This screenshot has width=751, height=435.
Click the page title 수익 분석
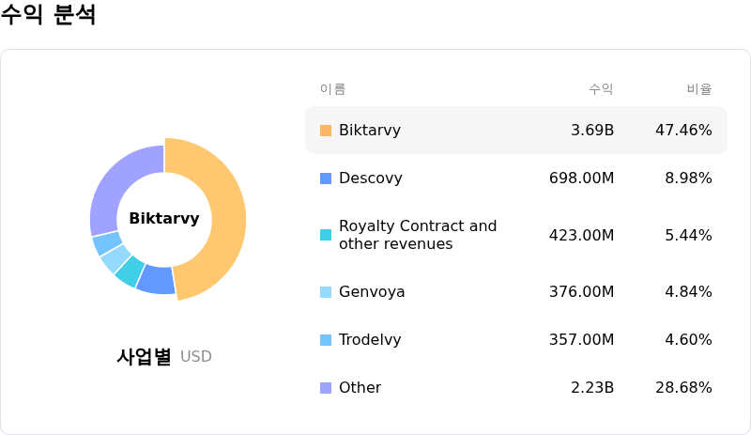(48, 16)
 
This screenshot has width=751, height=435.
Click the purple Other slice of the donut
(117, 183)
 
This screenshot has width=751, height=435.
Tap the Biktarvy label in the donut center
(164, 219)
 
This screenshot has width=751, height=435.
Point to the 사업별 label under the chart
(144, 357)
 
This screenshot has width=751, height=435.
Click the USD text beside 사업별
(196, 357)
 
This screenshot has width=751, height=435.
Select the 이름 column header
(332, 89)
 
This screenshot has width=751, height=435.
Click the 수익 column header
(601, 89)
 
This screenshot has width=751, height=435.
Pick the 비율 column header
(699, 89)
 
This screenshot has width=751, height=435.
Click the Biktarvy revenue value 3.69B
(592, 131)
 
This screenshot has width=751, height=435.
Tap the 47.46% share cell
(683, 131)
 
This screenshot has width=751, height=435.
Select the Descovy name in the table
(371, 179)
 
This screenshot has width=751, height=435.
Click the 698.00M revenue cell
(581, 179)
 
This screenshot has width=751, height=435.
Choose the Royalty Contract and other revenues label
(418, 235)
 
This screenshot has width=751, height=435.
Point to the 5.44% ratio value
(688, 235)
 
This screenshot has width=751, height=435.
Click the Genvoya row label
(372, 292)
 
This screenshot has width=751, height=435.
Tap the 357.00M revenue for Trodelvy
(581, 340)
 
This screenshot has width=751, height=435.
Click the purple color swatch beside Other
(326, 388)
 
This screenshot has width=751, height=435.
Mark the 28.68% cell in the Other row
(683, 388)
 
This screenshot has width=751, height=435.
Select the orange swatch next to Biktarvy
(326, 131)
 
